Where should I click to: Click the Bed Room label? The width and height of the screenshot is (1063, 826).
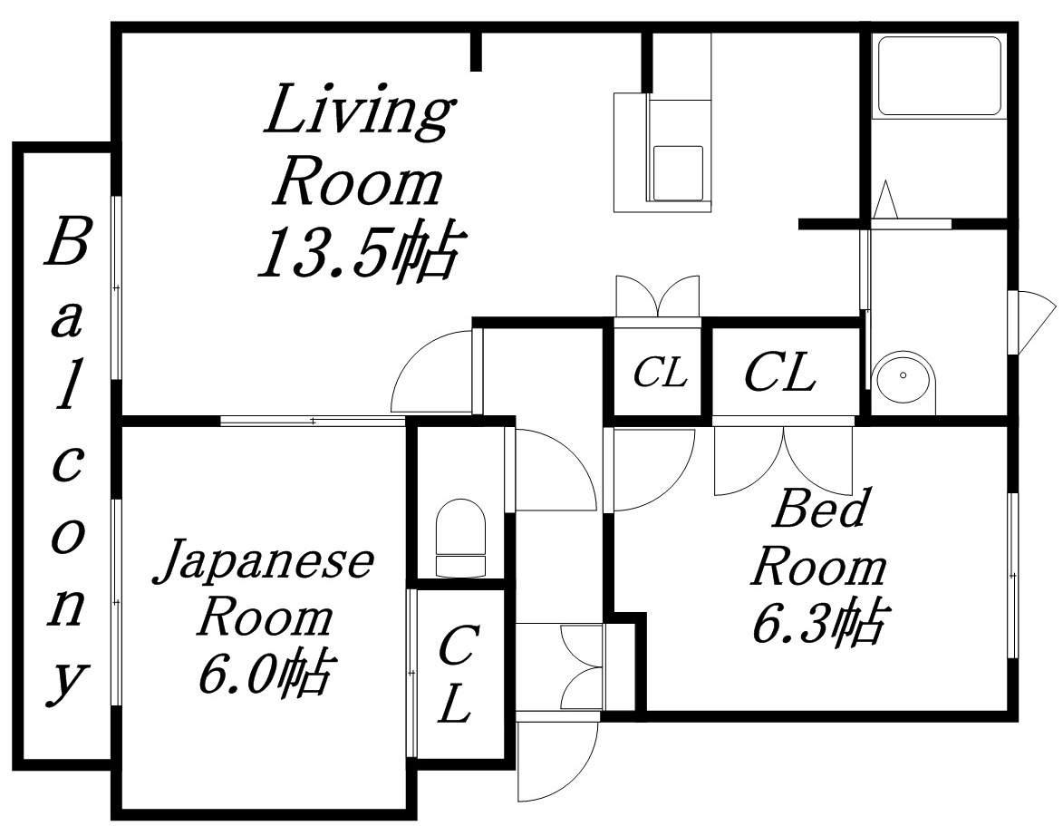click(x=817, y=539)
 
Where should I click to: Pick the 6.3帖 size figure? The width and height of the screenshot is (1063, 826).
click(x=817, y=625)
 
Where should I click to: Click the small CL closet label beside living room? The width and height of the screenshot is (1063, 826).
click(x=660, y=373)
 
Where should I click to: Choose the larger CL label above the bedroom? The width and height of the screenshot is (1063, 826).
click(x=780, y=373)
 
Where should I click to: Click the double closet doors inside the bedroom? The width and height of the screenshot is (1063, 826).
click(x=783, y=458)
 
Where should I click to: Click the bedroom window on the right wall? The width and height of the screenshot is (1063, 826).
click(x=1012, y=575)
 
